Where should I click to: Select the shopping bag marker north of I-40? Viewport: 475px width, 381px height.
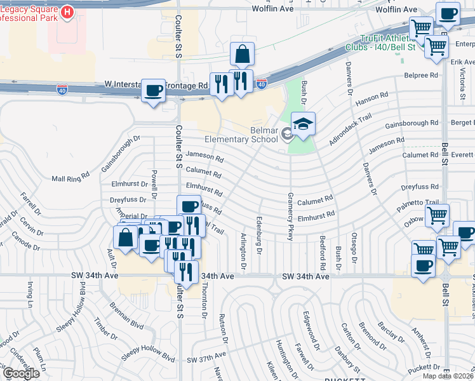click(242, 55)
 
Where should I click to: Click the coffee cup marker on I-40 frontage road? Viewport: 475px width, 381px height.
click(153, 91)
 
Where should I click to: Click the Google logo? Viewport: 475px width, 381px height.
click(20, 373)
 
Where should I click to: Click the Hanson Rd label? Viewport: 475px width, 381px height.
click(371, 98)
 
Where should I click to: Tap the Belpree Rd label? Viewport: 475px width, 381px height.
click(421, 75)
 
